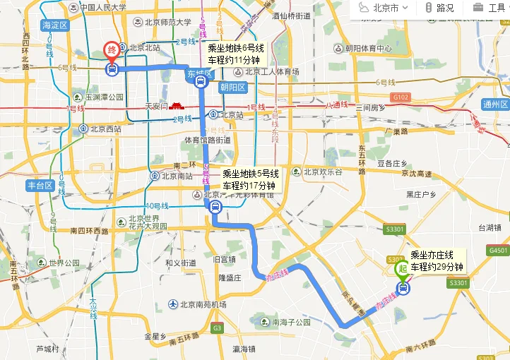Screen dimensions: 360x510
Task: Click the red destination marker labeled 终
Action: (x=112, y=52)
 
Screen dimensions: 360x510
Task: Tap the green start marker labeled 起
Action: (x=402, y=269)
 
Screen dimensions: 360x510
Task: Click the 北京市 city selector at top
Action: (x=384, y=8)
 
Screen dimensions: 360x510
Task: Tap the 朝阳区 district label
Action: (x=232, y=88)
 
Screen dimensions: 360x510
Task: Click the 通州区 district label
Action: (x=495, y=104)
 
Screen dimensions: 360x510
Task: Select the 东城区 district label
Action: (x=199, y=73)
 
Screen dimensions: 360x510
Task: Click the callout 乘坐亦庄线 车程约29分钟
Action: (x=437, y=261)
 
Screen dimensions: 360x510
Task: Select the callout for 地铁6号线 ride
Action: (x=235, y=54)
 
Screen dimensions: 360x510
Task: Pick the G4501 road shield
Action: (x=498, y=251)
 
